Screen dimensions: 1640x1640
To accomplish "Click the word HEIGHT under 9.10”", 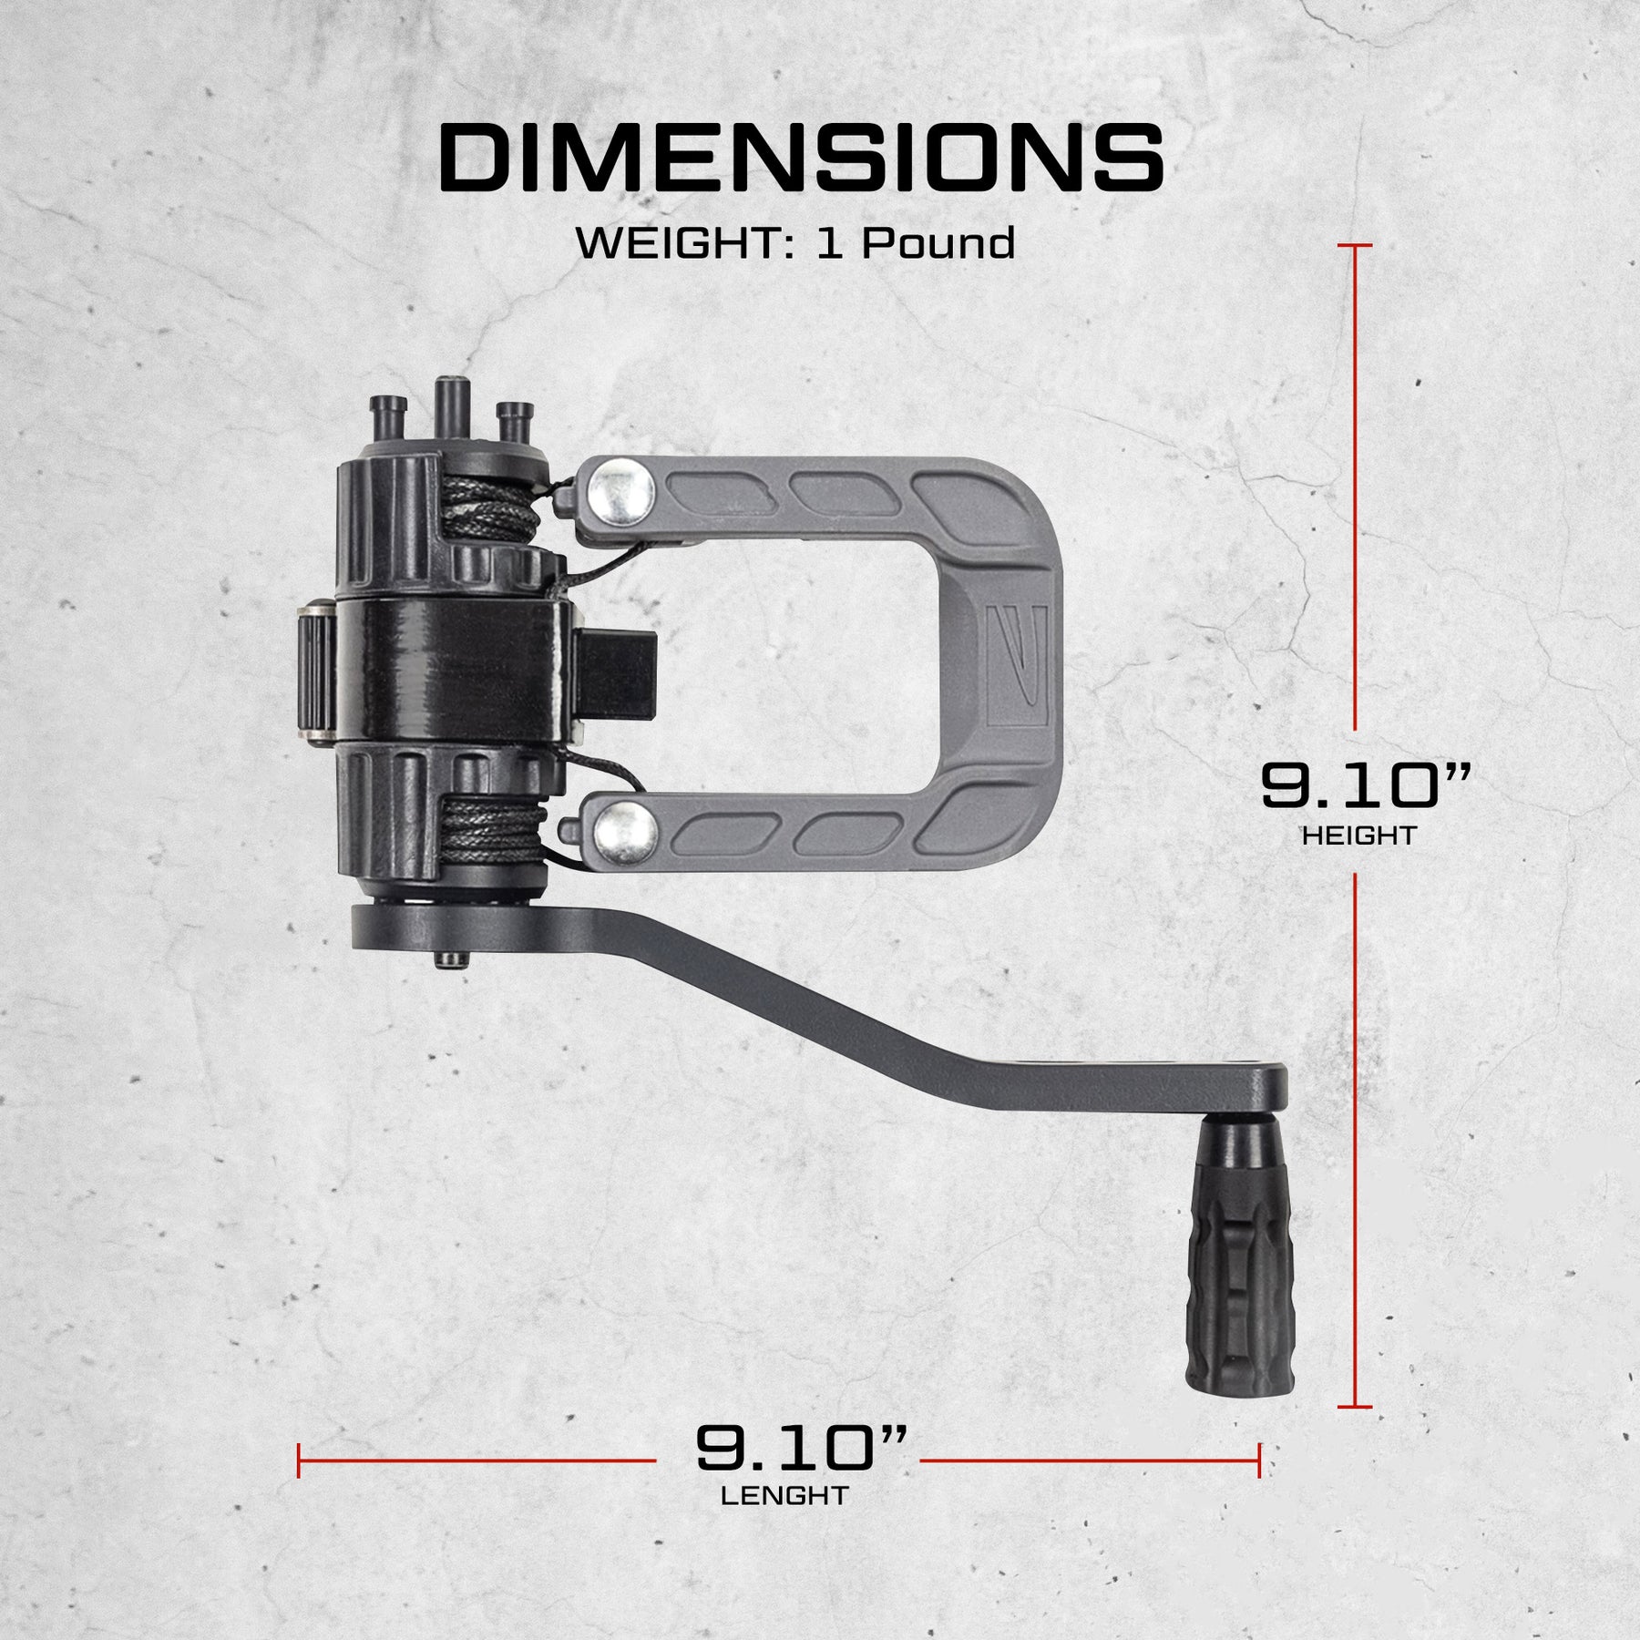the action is (1358, 835).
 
